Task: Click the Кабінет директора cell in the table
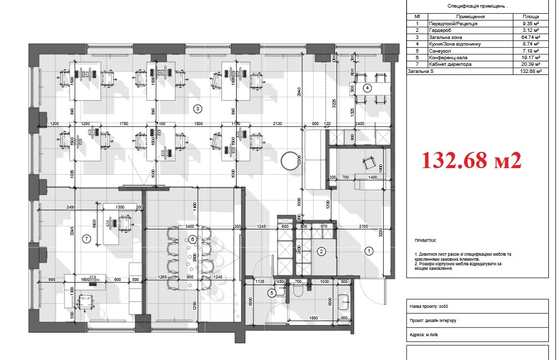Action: (x=450, y=64)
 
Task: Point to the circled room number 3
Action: (x=198, y=108)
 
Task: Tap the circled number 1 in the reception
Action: (x=369, y=250)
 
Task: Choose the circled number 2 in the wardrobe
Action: (x=321, y=251)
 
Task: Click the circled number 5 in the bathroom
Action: (x=272, y=292)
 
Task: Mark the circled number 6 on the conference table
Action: (x=192, y=239)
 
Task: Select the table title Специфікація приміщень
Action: (x=477, y=6)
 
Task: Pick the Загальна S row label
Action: (x=421, y=71)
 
